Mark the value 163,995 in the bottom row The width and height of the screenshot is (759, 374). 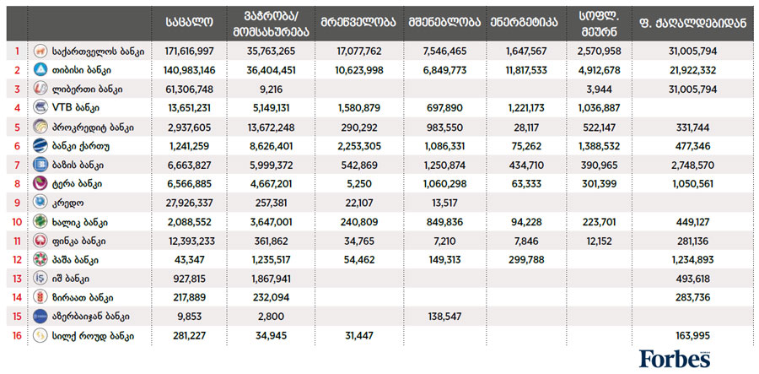point(692,336)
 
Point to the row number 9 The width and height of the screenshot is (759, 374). point(16,203)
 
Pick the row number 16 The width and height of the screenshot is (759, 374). point(16,336)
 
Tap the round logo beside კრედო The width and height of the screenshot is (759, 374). point(40,203)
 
